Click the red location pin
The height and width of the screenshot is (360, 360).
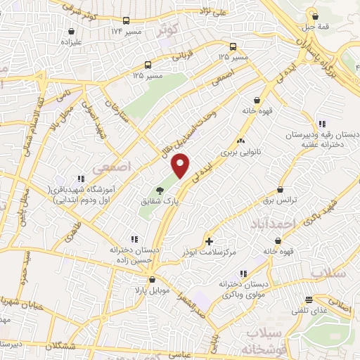[181, 166]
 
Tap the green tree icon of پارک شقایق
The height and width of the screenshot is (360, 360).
[160, 190]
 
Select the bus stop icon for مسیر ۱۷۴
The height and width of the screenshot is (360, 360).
[126, 21]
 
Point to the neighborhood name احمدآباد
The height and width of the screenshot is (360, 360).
[270, 224]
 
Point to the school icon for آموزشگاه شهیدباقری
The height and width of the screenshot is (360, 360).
[82, 179]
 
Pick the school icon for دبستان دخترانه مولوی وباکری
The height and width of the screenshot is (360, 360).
[243, 274]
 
